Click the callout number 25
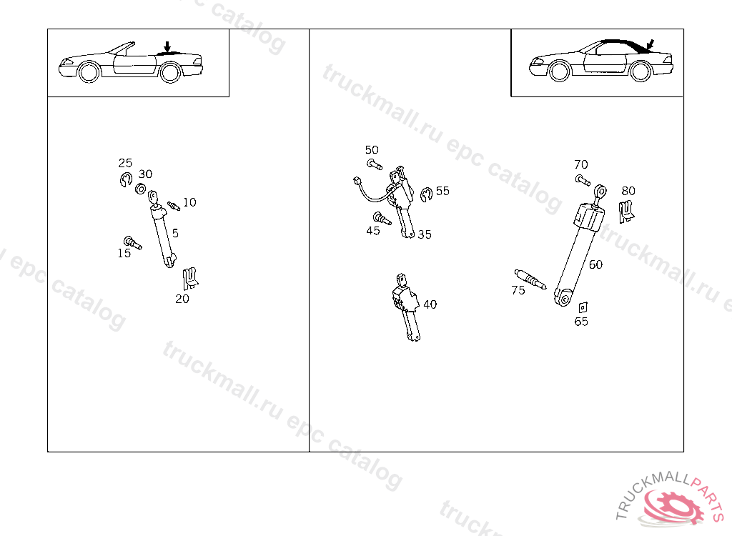click(125, 163)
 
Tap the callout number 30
click(145, 174)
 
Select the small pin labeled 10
click(174, 205)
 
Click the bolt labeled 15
click(132, 243)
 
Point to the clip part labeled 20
click(190, 279)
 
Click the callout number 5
click(175, 233)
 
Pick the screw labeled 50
click(375, 164)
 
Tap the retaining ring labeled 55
click(426, 194)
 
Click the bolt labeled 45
click(382, 218)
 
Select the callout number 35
click(425, 234)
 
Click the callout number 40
click(430, 304)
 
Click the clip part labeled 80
click(626, 212)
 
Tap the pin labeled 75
click(530, 279)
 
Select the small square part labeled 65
click(583, 308)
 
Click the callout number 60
click(595, 264)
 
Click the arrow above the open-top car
click(167, 46)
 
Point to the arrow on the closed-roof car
click(651, 45)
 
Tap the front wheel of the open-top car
click(89, 72)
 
